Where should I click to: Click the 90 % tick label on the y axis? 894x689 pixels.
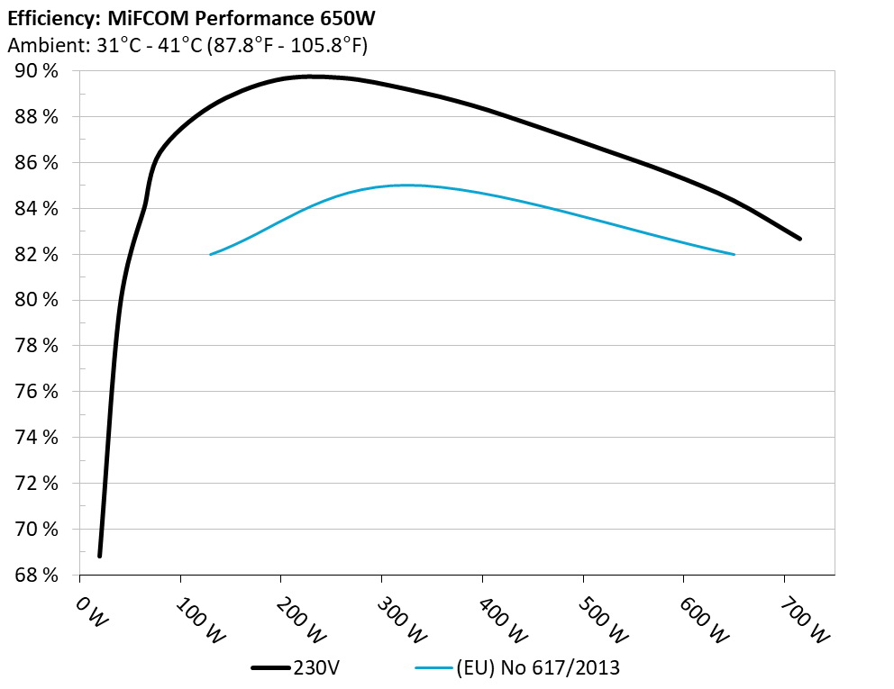tap(37, 71)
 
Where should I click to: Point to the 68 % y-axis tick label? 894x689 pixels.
tap(37, 575)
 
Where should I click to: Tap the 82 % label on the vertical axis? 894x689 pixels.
tap(37, 254)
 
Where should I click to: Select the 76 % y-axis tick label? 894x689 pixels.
tap(37, 392)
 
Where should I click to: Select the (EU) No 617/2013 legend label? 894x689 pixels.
tap(539, 668)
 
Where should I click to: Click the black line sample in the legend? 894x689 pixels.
tap(270, 668)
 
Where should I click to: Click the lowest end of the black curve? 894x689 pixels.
tap(99, 556)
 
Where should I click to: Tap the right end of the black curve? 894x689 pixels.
tap(798, 239)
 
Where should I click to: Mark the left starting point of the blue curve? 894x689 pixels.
tap(211, 254)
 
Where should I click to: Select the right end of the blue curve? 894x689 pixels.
tap(734, 254)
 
